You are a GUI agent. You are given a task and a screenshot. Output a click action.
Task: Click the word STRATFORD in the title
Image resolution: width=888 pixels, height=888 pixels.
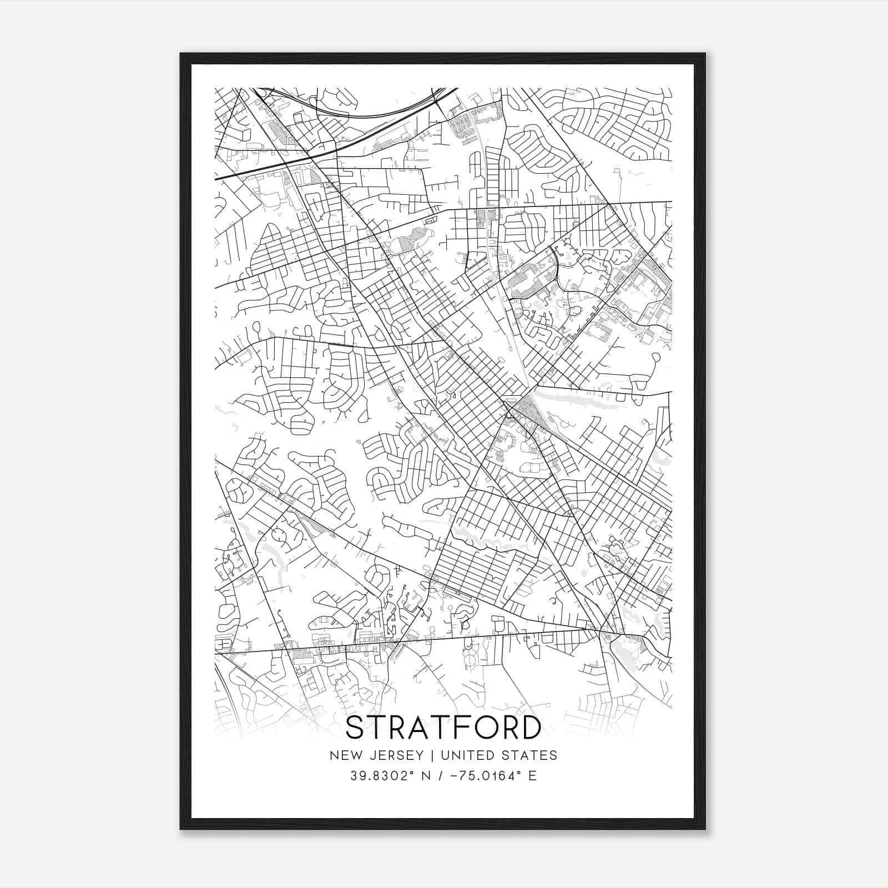[443, 728]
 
